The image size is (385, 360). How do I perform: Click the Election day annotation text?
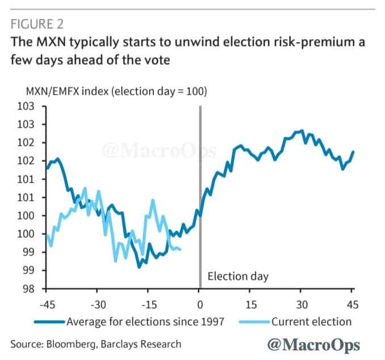(x=237, y=277)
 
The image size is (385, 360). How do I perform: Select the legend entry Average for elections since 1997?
(x=145, y=321)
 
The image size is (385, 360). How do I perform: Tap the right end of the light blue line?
(x=181, y=249)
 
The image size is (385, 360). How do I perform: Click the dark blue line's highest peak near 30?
(x=302, y=131)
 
